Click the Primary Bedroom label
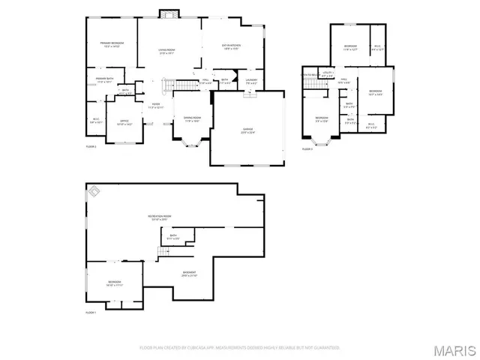click(112, 44)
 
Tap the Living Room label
click(166, 50)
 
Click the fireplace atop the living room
click(169, 13)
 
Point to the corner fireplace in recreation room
click(95, 193)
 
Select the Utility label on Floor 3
click(328, 73)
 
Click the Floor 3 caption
click(306, 149)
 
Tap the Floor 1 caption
click(91, 312)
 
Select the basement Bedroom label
click(114, 283)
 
